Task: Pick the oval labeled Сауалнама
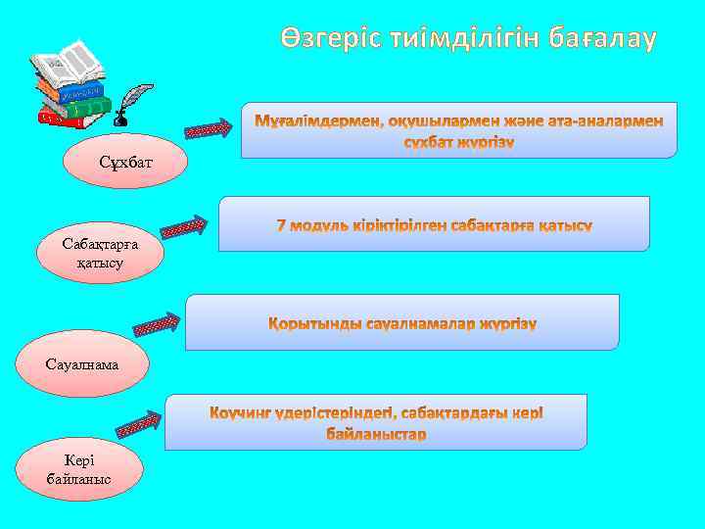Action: pyautogui.click(x=81, y=363)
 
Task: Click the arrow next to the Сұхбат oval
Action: pyautogui.click(x=208, y=128)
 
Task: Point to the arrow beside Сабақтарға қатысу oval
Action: pyautogui.click(x=183, y=227)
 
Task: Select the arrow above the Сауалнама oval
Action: pyautogui.click(x=156, y=323)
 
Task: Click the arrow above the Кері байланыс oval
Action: pyautogui.click(x=139, y=424)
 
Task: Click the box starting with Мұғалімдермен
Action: pyautogui.click(x=459, y=129)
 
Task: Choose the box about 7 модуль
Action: pyautogui.click(x=434, y=224)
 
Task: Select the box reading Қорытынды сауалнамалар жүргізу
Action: pyautogui.click(x=402, y=322)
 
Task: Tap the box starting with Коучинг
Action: pyautogui.click(x=376, y=422)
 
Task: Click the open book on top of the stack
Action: pyautogui.click(x=68, y=65)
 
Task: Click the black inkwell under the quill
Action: pyautogui.click(x=119, y=120)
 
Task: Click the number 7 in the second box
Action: pyautogui.click(x=282, y=225)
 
